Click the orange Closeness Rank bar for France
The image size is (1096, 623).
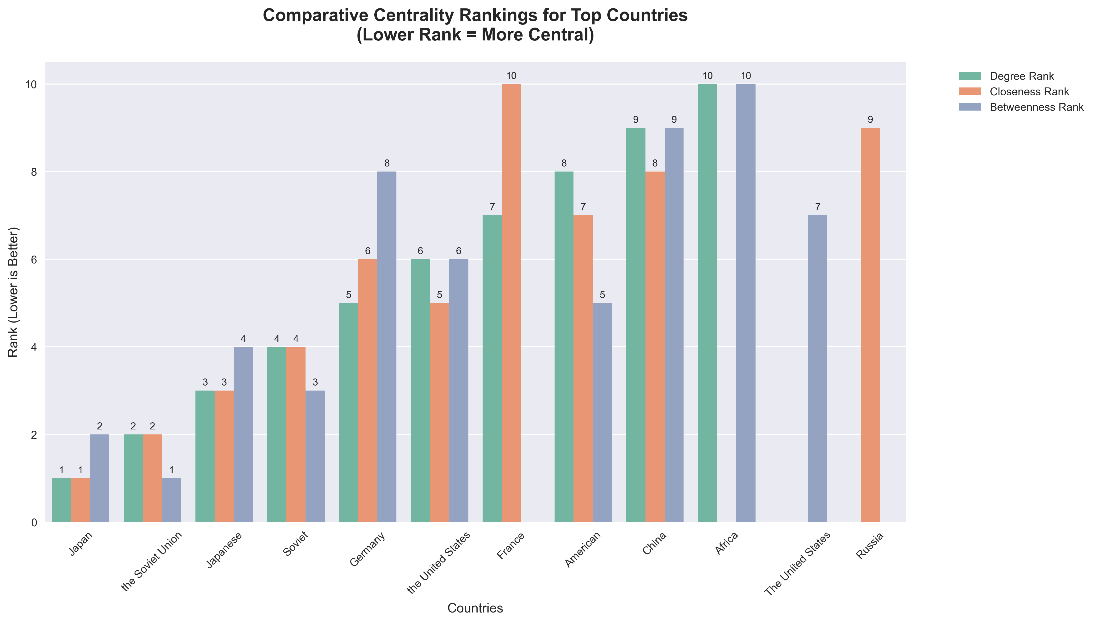[x=511, y=303]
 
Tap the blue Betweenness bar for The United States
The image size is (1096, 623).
[x=817, y=368]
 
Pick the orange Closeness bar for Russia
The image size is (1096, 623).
[x=870, y=325]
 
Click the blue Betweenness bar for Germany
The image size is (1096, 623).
[x=386, y=347]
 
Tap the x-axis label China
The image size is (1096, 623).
[x=655, y=543]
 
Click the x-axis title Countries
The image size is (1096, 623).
[x=475, y=608]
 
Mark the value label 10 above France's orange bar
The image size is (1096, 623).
[x=511, y=76]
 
